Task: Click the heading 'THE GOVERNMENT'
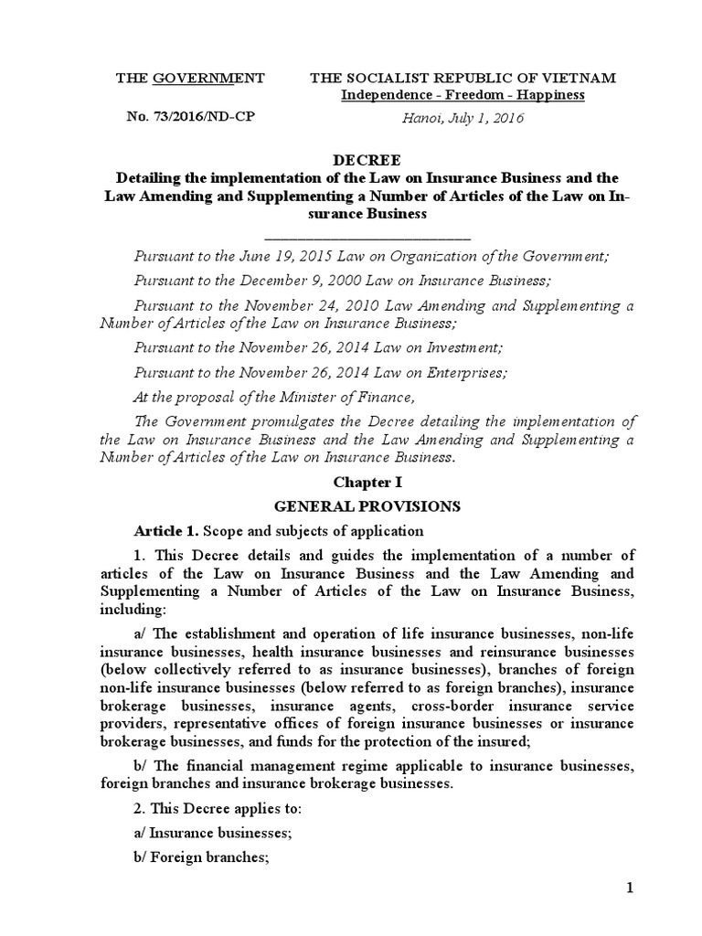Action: tap(189, 79)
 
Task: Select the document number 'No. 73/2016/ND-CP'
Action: tap(189, 117)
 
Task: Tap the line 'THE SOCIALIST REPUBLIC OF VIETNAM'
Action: tap(463, 79)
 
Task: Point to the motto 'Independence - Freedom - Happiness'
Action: tap(463, 95)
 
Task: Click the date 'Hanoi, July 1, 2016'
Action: tap(463, 117)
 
